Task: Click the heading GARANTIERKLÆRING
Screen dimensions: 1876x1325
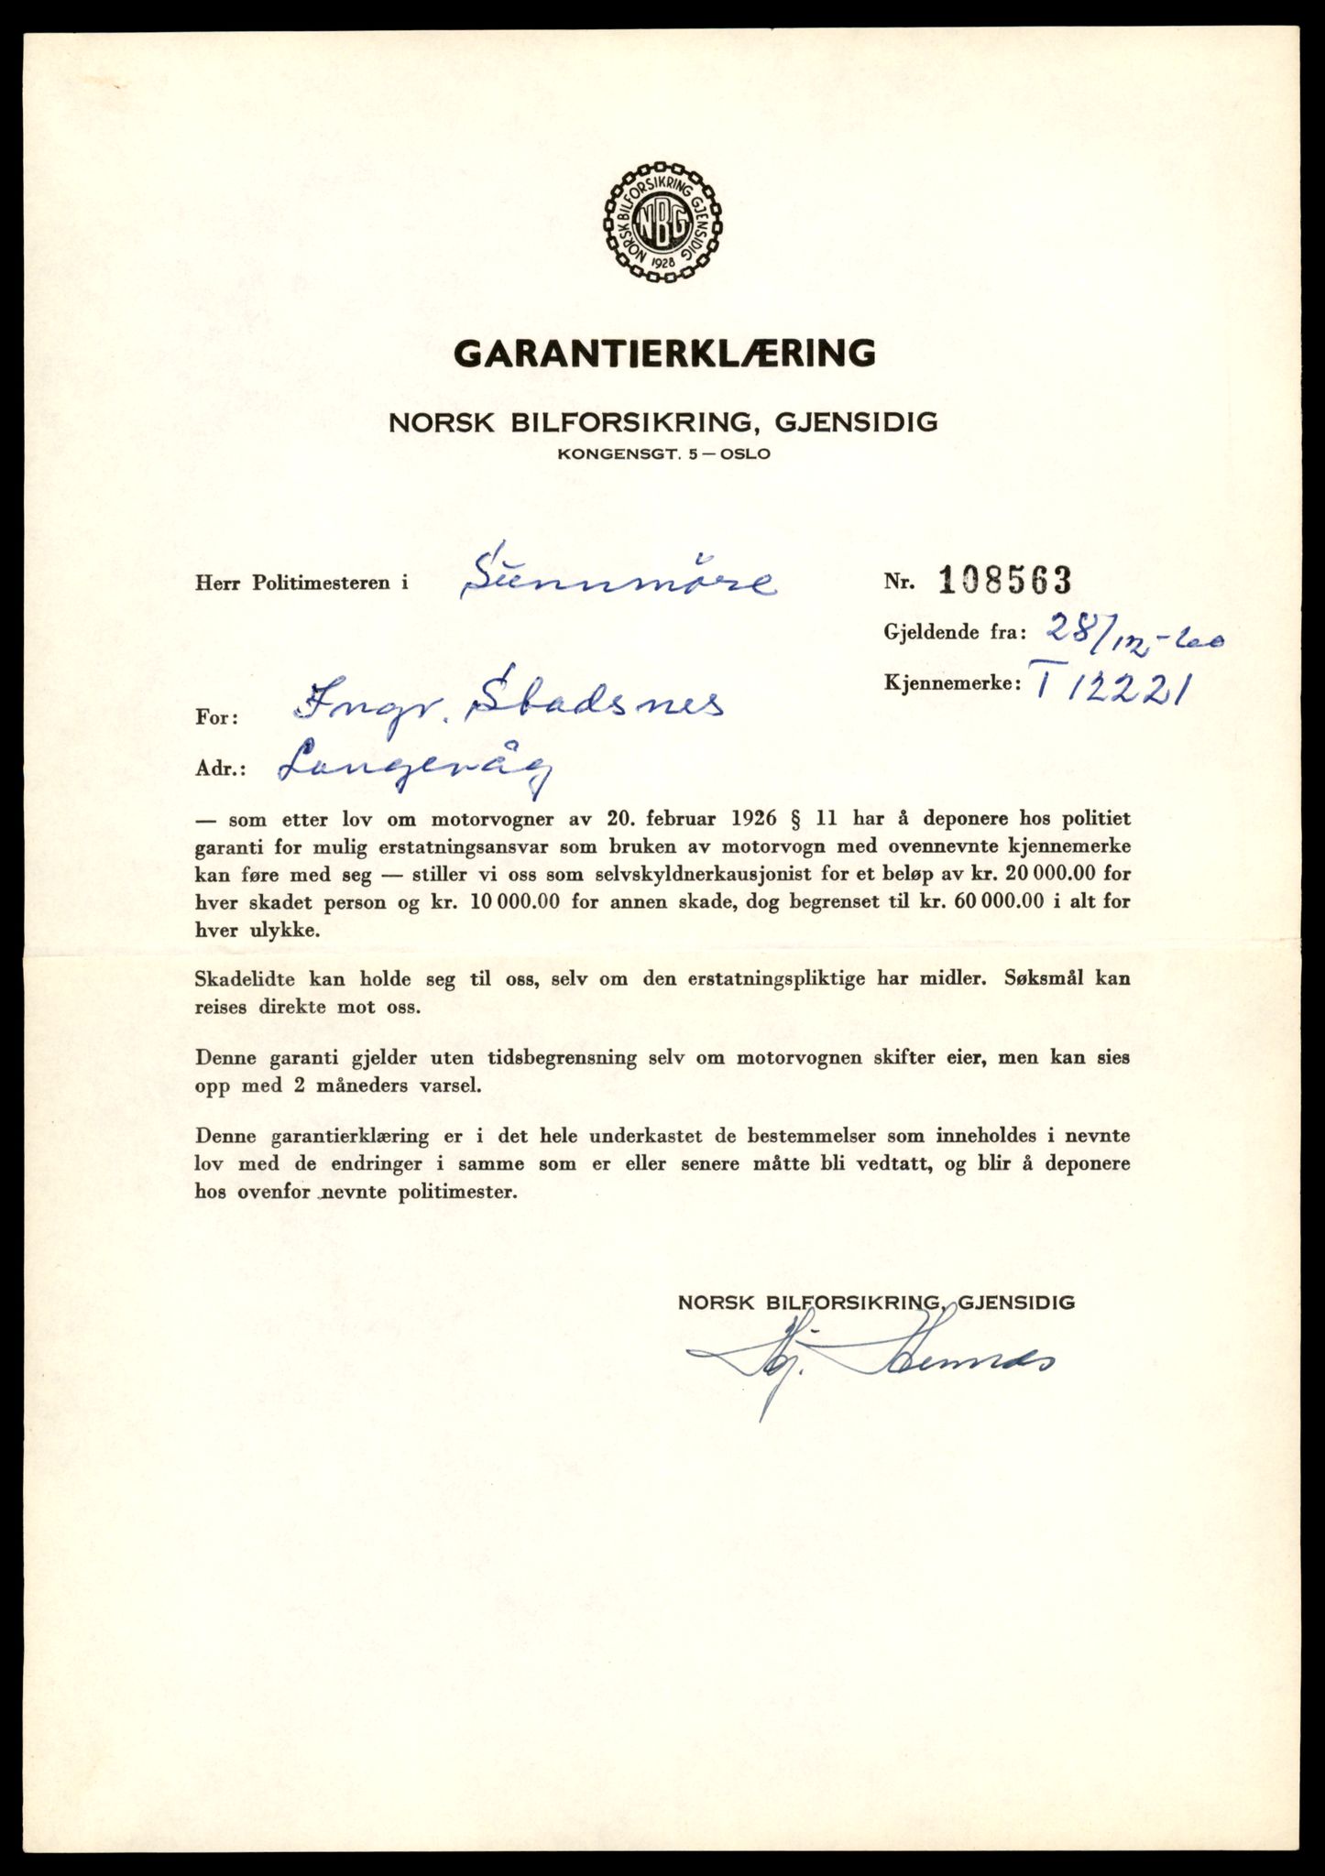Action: pos(664,353)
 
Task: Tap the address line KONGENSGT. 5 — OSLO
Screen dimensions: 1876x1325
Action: pos(663,453)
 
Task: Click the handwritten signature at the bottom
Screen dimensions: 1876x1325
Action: pos(871,1365)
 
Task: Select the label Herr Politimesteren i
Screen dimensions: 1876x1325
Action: pos(301,583)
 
